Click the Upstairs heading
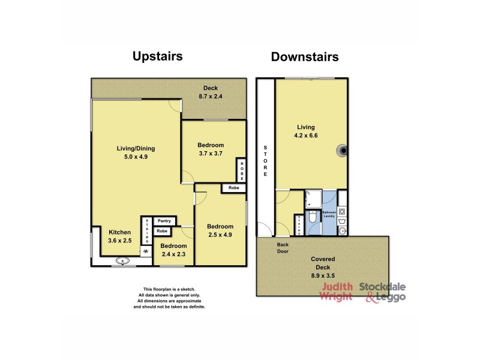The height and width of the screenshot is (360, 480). tap(157, 56)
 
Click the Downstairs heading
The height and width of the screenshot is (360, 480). tap(305, 57)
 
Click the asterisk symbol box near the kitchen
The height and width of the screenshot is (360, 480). tap(145, 252)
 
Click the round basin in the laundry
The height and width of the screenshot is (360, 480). tap(342, 231)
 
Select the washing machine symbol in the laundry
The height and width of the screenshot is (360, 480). tap(342, 212)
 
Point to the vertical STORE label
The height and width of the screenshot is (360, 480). tap(265, 161)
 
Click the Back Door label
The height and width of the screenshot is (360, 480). tap(283, 248)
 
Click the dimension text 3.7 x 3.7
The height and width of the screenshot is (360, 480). tap(211, 154)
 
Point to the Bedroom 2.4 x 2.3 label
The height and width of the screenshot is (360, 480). tap(173, 250)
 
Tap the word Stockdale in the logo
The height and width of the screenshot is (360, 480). tap(383, 287)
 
